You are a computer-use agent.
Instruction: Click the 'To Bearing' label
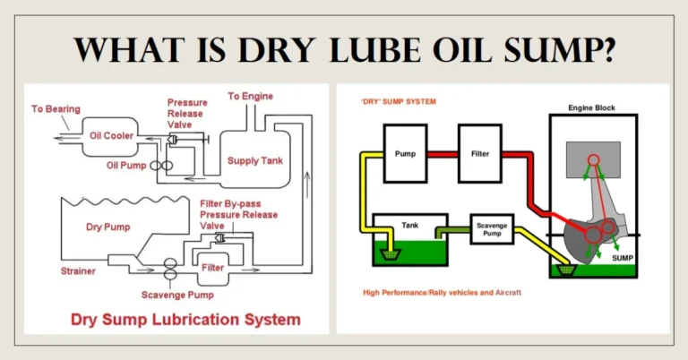(56, 109)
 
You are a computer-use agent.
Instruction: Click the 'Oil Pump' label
(125, 166)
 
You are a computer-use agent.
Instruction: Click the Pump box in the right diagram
(405, 154)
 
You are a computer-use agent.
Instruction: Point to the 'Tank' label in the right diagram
(409, 226)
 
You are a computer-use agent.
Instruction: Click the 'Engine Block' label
(591, 108)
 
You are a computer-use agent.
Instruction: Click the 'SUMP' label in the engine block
(623, 256)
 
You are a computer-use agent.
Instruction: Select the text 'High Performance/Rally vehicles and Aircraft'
(445, 293)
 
